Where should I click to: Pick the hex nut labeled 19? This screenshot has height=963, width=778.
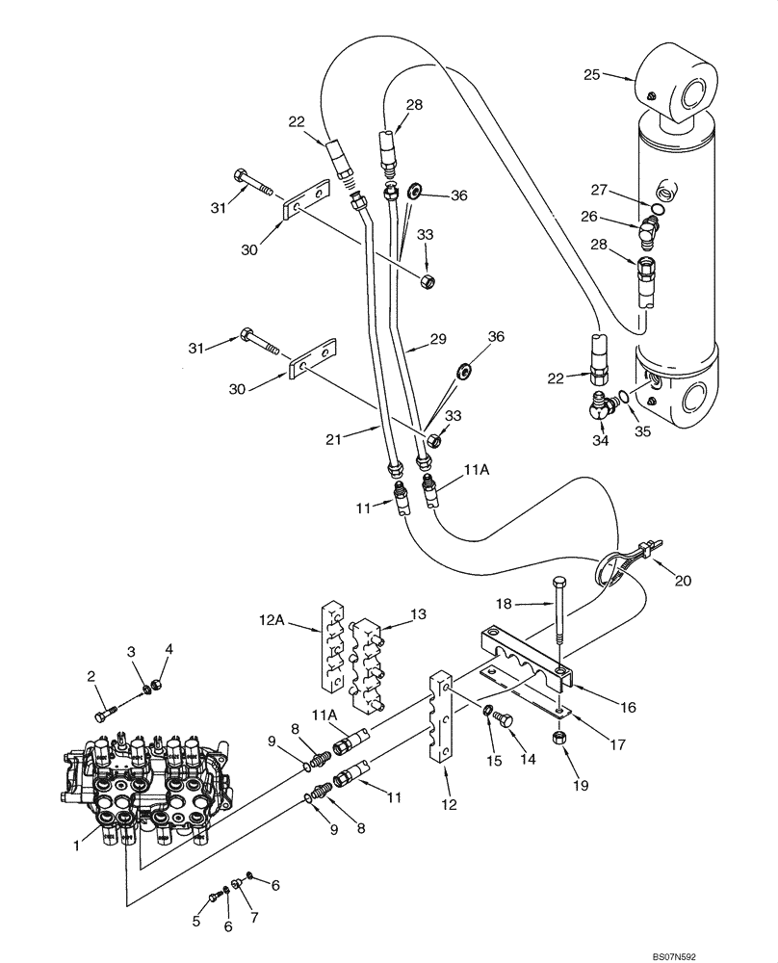point(558,738)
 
